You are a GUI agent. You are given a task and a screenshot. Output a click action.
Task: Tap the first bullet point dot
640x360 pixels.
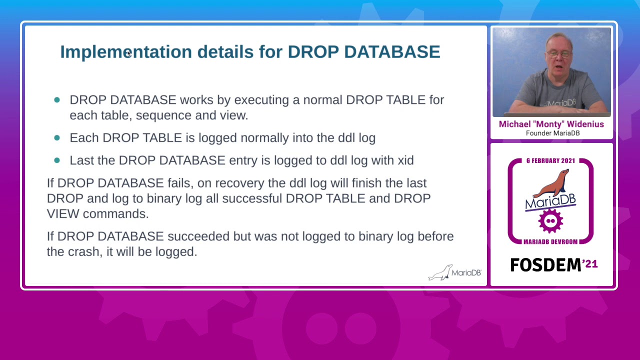point(57,100)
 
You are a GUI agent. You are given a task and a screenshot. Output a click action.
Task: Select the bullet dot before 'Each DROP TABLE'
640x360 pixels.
point(57,137)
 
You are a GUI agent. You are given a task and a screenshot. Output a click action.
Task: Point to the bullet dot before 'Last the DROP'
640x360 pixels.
point(57,160)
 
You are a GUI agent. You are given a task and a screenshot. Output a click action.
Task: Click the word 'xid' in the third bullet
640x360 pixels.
point(405,160)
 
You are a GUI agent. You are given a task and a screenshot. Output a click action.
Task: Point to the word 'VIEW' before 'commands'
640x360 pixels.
point(63,214)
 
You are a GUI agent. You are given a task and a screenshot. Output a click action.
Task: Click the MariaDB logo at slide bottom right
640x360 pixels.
point(454,272)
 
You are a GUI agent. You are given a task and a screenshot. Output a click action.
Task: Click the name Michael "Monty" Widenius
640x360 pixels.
point(551,124)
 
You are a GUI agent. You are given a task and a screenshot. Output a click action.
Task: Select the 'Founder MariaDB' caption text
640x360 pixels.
point(552,133)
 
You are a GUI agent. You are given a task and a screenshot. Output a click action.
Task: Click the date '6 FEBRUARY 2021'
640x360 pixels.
point(550,161)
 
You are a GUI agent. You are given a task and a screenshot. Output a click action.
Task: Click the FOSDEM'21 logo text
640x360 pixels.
point(553,265)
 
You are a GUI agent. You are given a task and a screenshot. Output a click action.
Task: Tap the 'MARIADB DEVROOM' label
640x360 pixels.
point(550,242)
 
